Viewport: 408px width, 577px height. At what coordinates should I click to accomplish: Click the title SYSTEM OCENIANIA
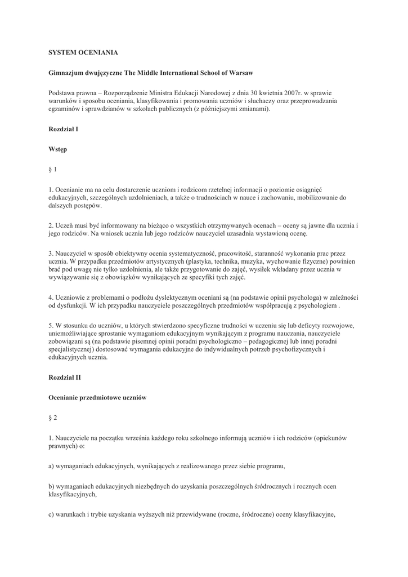point(83,52)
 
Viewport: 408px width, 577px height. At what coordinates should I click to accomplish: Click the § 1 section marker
point(53,169)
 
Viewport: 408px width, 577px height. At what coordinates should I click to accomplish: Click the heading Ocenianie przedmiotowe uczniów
point(97,397)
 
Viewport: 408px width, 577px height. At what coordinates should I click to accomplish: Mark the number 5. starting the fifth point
point(51,325)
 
